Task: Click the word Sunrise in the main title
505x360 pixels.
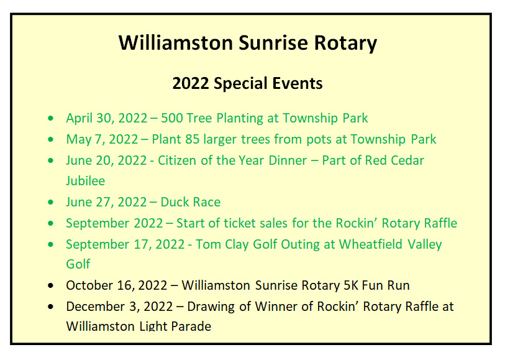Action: click(x=273, y=43)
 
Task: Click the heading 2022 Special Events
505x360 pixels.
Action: click(x=247, y=83)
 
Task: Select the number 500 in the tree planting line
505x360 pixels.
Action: click(x=172, y=118)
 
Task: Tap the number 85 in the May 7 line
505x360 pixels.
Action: click(x=193, y=139)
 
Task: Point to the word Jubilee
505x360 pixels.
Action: click(x=85, y=181)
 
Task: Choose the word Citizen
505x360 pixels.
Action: click(x=177, y=160)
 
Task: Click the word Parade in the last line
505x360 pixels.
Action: click(x=191, y=326)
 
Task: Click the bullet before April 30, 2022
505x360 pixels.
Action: click(x=50, y=118)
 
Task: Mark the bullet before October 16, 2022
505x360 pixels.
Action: click(x=50, y=285)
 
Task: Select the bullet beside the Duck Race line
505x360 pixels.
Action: click(x=50, y=203)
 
